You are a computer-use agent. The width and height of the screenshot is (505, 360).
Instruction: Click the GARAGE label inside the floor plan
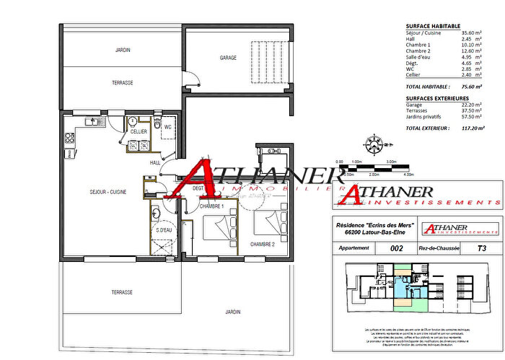pyautogui.click(x=228, y=57)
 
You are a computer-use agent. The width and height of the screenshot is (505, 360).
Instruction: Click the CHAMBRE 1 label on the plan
pyautogui.click(x=212, y=206)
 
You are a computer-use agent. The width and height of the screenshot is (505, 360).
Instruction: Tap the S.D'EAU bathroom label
pyautogui.click(x=164, y=230)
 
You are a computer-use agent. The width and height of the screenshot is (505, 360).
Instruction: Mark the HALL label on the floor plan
pyautogui.click(x=154, y=163)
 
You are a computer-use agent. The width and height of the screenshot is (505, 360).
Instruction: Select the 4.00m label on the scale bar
pyautogui.click(x=409, y=174)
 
